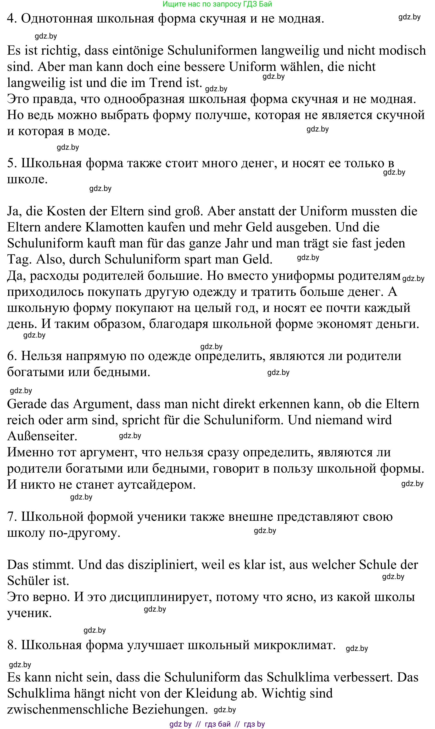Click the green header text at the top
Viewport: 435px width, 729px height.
tap(217, 4)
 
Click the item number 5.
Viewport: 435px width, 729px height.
tap(12, 163)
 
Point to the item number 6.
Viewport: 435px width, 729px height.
tap(12, 356)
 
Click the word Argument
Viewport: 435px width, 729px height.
tap(101, 404)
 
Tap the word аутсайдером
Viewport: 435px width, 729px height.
tap(156, 485)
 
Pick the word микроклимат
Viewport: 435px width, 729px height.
tap(295, 645)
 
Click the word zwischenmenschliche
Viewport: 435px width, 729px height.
tap(68, 710)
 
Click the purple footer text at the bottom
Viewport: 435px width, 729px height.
tap(217, 724)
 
